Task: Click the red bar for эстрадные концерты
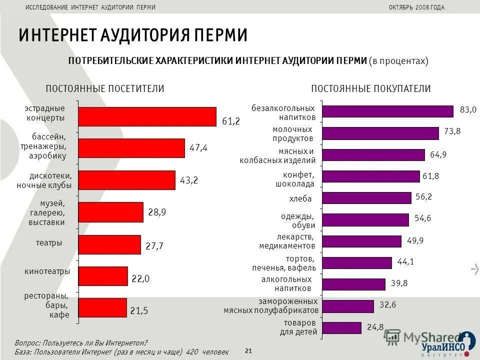[x=147, y=116]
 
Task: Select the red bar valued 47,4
[x=131, y=148]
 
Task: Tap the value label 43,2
[x=189, y=180]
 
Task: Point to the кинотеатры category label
[x=47, y=271]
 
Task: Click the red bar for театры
[x=109, y=244]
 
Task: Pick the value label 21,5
[x=139, y=310]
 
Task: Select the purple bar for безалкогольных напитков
[x=387, y=111]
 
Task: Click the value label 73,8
[x=452, y=131]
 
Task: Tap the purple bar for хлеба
[x=366, y=198]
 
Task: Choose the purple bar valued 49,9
[x=361, y=241]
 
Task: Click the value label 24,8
[x=375, y=327]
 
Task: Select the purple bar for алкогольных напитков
[x=353, y=284]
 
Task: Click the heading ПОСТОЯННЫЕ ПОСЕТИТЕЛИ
[x=105, y=88]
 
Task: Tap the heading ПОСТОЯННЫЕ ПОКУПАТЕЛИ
[x=371, y=88]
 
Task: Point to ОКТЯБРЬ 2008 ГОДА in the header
[x=416, y=7]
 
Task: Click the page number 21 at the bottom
[x=248, y=351]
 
